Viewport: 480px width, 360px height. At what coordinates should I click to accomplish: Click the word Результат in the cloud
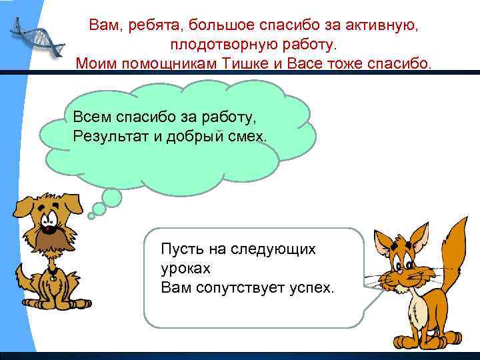(108, 136)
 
